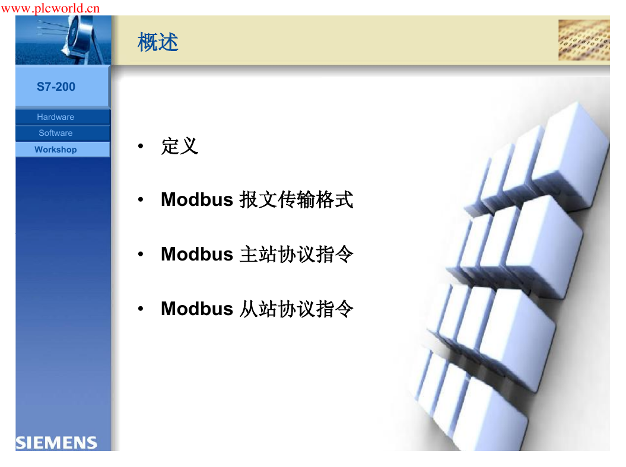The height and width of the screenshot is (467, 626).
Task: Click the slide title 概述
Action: point(158,42)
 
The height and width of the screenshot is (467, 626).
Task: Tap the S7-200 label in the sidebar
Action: point(56,87)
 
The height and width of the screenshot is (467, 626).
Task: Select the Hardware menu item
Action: point(56,117)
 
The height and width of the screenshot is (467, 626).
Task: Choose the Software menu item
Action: point(56,133)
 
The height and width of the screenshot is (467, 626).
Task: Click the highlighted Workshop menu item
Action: point(56,150)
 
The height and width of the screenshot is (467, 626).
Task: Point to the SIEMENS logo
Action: point(56,443)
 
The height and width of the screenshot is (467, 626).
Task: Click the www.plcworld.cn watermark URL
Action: point(50,8)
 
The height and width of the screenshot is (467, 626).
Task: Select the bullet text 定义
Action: point(180,146)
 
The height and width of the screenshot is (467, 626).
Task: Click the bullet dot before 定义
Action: point(141,146)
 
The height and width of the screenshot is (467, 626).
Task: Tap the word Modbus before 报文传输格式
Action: point(197,199)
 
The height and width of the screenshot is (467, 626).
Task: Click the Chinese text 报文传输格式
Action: point(296,199)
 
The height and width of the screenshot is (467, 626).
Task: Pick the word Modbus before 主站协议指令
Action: point(197,254)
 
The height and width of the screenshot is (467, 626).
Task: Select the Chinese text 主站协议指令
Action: point(296,254)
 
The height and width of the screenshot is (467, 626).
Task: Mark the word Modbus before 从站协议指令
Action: point(197,309)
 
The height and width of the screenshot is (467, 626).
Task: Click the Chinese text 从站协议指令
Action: point(296,309)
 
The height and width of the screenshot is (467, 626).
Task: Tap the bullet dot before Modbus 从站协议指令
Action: point(141,309)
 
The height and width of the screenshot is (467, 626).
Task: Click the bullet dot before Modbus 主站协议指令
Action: point(141,254)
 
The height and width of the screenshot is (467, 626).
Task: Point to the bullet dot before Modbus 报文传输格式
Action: point(141,199)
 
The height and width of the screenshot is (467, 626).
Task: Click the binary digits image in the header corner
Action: point(584,40)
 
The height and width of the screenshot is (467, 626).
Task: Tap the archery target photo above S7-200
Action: point(63,40)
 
